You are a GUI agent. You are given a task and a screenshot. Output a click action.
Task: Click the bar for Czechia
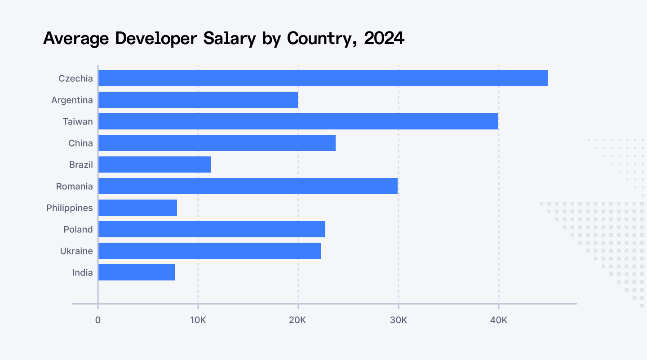(323, 78)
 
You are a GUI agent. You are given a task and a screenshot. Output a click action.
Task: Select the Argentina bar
(198, 100)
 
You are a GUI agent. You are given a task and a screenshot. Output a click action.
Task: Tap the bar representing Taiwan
(298, 121)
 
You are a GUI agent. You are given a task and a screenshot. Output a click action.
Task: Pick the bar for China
(217, 143)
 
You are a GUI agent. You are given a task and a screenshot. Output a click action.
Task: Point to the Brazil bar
(155, 164)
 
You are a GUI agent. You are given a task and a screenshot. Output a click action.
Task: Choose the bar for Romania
(248, 186)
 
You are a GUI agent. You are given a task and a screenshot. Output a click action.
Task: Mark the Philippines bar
(137, 208)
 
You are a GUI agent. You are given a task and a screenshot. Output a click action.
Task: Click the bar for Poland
(212, 229)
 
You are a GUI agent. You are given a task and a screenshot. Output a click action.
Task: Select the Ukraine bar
(209, 251)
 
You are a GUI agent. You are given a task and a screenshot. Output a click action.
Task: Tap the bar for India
(137, 272)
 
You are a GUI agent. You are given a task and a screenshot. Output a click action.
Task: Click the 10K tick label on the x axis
(198, 320)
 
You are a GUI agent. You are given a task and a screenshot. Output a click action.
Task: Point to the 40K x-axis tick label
(498, 320)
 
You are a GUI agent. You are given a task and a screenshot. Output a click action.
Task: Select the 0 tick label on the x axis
(98, 320)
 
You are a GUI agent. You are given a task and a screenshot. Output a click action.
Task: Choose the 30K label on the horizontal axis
(398, 320)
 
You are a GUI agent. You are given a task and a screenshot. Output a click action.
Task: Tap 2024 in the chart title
(384, 39)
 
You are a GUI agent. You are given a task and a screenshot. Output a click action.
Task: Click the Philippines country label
(70, 208)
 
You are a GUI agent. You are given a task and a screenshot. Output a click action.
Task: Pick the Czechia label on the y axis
(75, 79)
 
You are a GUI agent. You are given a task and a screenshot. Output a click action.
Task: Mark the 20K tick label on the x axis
(297, 320)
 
